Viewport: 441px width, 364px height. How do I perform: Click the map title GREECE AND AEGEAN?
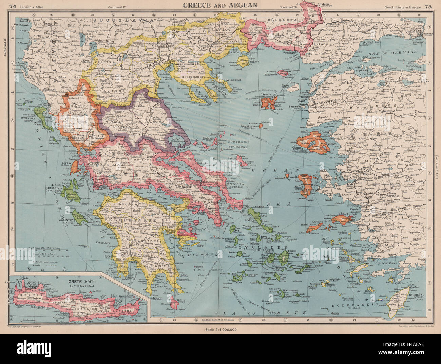pyautogui.click(x=220, y=5)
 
